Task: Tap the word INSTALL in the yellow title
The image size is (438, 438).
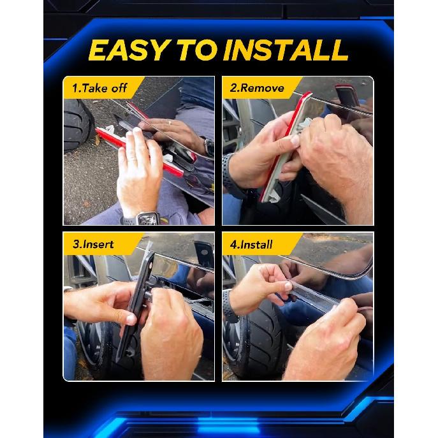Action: (286, 50)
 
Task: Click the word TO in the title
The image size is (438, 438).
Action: (198, 50)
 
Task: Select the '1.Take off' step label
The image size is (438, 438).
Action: (99, 88)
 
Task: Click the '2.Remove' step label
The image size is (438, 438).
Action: (257, 88)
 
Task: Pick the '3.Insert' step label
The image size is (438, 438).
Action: (93, 244)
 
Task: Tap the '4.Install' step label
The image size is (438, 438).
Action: (251, 245)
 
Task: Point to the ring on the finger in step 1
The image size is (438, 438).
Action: (170, 122)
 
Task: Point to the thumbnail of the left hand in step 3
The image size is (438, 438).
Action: (131, 319)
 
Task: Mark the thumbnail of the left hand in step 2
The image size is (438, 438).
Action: (295, 140)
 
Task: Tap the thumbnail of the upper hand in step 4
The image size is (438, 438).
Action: (288, 286)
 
